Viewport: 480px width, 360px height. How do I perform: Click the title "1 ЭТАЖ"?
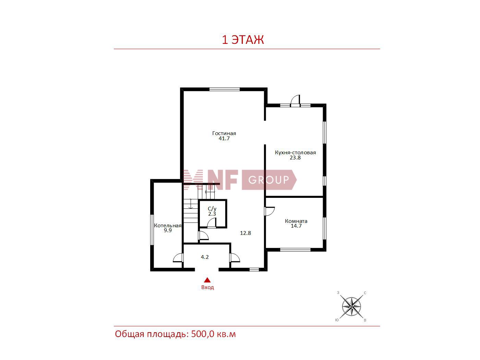click(x=243, y=40)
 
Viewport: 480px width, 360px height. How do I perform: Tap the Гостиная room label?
click(x=224, y=133)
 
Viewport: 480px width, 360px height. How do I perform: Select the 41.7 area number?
click(x=224, y=139)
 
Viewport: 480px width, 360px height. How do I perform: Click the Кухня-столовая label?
click(x=295, y=153)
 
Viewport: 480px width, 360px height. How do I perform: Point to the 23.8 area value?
click(x=295, y=158)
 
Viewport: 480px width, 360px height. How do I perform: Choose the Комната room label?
click(x=296, y=221)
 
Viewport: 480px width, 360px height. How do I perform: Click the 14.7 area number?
click(x=296, y=226)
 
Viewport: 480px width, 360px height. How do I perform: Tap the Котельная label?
click(x=168, y=226)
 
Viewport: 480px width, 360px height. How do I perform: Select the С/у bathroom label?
click(x=212, y=209)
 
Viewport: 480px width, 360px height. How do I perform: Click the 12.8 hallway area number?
click(x=245, y=233)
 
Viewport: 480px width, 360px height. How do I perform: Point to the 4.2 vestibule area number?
click(x=205, y=257)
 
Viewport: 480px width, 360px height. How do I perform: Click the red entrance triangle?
click(x=207, y=280)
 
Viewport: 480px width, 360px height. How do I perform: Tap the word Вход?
click(x=207, y=287)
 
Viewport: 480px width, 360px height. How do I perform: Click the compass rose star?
click(x=351, y=307)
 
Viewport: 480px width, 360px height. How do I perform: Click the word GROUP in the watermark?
click(x=268, y=180)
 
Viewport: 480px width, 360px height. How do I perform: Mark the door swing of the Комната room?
click(x=269, y=211)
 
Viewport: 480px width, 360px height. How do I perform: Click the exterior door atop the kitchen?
click(x=295, y=100)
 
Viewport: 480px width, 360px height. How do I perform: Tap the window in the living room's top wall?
click(x=224, y=89)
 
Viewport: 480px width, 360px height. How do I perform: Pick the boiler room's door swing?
click(x=178, y=257)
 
